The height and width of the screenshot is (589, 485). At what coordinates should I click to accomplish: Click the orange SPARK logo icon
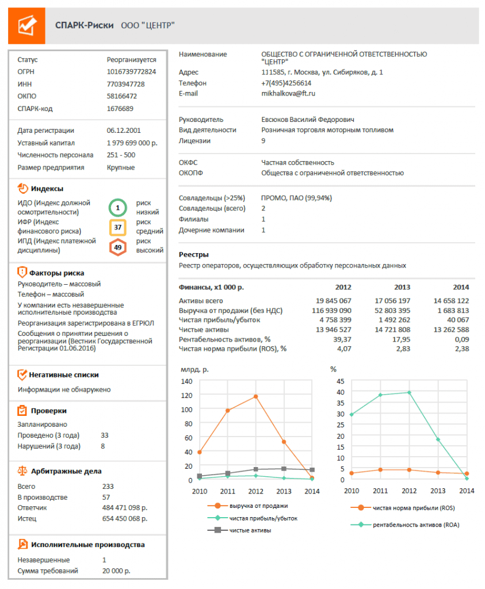[x=26, y=25]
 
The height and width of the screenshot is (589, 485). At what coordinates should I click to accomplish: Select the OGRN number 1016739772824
[x=131, y=72]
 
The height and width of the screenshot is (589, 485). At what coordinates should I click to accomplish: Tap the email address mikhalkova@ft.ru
[x=288, y=93]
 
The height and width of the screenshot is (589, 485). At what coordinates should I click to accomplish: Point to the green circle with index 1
[x=117, y=207]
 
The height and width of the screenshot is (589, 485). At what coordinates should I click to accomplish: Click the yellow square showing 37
[x=117, y=228]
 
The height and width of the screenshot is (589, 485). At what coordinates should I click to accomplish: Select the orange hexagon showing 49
[x=117, y=247]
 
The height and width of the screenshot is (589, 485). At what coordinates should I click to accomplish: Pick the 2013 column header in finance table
[x=402, y=287]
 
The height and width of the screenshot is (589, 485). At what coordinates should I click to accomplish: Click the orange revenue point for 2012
[x=255, y=396]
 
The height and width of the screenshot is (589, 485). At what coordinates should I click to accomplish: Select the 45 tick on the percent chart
[x=339, y=381]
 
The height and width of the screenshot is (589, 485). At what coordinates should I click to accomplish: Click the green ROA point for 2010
[x=352, y=414]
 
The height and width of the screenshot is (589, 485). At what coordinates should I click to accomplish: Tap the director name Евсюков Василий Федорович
[x=308, y=120]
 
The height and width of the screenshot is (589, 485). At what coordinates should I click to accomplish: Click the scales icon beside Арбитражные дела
[x=22, y=469]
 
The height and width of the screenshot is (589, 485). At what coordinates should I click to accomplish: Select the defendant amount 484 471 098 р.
[x=124, y=508]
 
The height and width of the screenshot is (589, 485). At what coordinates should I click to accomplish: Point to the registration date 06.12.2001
[x=124, y=131]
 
